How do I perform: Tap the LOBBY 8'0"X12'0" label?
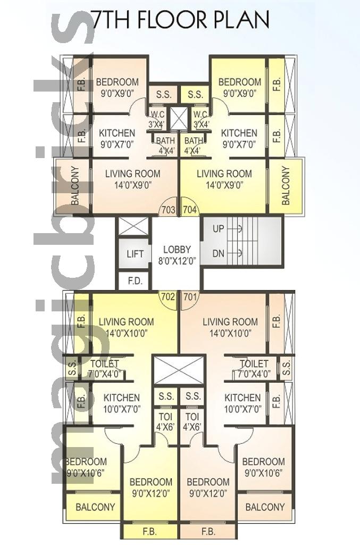[x=177, y=255]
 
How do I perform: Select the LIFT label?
[x=135, y=254]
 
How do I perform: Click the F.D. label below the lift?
[x=135, y=281]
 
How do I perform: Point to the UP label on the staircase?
[x=219, y=229]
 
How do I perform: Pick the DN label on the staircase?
[x=219, y=253]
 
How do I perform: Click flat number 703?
[x=169, y=210]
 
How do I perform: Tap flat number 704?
[x=189, y=210]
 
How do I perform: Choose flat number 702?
[x=168, y=297]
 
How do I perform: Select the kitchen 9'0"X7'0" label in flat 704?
[x=239, y=138]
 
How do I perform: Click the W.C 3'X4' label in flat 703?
[x=157, y=119]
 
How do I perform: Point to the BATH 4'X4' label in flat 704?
[x=194, y=146]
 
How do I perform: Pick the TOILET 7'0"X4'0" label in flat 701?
[x=254, y=369]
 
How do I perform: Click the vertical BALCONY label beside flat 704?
[x=286, y=186]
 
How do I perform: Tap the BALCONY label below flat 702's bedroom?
[x=95, y=507]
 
